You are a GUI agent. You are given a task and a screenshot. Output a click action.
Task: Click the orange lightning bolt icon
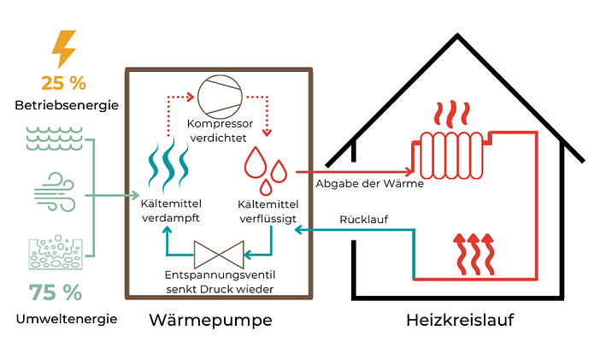pos(64,50)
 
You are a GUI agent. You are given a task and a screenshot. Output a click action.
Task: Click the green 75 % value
pos(56,292)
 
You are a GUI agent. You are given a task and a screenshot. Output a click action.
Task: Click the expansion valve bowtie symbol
pos(219,253)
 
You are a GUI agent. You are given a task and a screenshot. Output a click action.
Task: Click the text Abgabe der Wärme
pos(357,184)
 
